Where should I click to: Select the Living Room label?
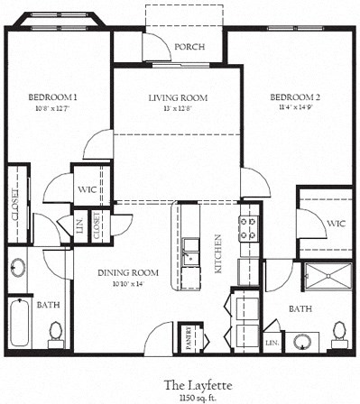pyautogui.click(x=178, y=97)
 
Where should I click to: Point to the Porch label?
pyautogui.click(x=189, y=47)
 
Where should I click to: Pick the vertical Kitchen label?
pyautogui.click(x=217, y=253)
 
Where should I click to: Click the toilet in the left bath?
pyautogui.click(x=55, y=335)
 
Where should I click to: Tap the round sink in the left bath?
pyautogui.click(x=17, y=267)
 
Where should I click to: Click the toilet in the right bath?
pyautogui.click(x=340, y=333)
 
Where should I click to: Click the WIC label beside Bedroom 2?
pyautogui.click(x=335, y=222)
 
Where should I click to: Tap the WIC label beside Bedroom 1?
pyautogui.click(x=88, y=189)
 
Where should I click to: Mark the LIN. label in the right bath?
pyautogui.click(x=271, y=344)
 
